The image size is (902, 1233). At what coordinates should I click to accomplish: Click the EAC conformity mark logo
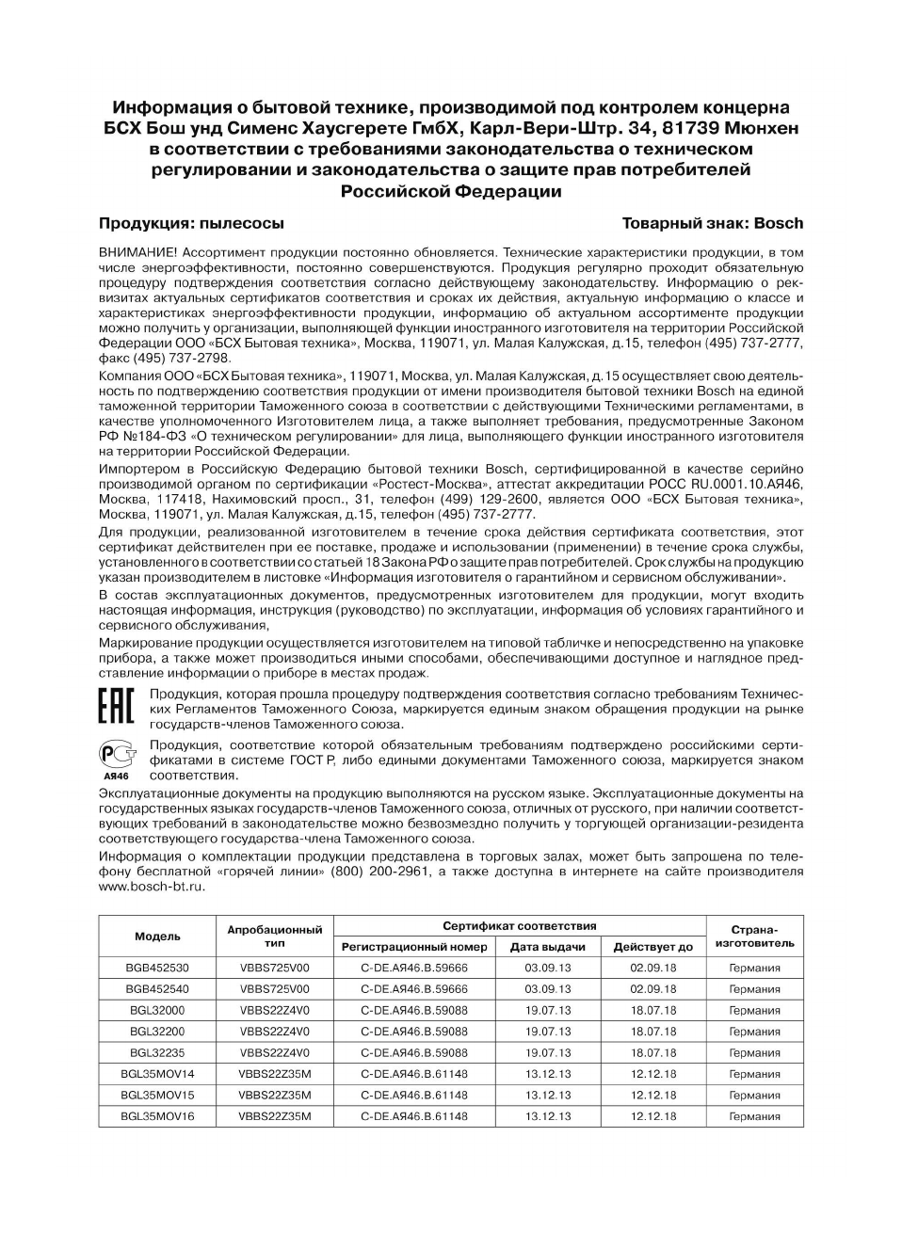tap(117, 706)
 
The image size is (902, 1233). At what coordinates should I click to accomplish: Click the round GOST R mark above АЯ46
tap(116, 754)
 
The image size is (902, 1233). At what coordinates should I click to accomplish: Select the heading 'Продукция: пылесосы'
tap(191, 224)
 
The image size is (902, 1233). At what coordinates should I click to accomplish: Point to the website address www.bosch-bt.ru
tap(152, 887)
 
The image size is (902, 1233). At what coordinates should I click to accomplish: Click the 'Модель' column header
tap(157, 937)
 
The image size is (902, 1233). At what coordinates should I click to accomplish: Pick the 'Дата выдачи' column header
tap(547, 947)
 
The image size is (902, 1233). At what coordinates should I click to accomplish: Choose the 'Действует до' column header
tap(652, 947)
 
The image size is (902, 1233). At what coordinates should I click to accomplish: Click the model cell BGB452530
tap(157, 968)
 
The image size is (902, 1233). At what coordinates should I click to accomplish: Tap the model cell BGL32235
tap(157, 1053)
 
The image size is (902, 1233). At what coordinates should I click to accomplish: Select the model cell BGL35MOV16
tap(157, 1117)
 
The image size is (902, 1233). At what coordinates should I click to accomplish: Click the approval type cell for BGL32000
tap(274, 1011)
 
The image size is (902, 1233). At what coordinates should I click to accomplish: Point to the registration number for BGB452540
tap(414, 989)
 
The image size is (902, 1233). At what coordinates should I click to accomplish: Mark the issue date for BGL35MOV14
tap(547, 1074)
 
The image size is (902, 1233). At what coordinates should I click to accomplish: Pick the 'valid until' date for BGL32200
tap(652, 1032)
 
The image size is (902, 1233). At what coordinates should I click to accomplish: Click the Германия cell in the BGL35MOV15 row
tap(754, 1096)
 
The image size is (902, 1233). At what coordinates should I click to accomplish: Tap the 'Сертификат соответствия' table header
tap(519, 926)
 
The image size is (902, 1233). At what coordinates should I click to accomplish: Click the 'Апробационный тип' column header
tap(274, 937)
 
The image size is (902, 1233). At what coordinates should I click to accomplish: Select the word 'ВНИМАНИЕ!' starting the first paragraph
tap(137, 253)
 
